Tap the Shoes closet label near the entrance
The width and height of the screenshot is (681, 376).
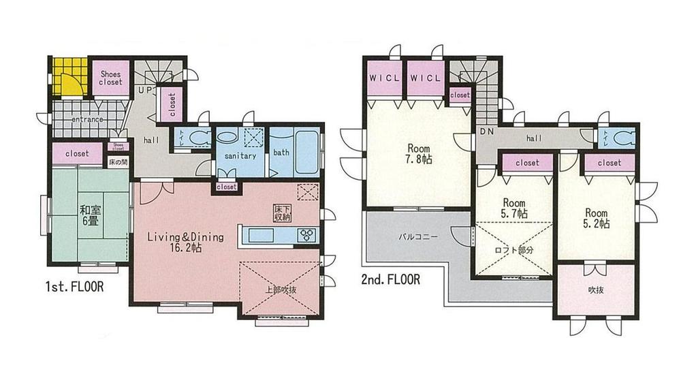click(110, 78)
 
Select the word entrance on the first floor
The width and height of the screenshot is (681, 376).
click(86, 120)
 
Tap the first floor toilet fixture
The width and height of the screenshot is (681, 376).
click(198, 137)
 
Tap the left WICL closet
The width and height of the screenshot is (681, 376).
click(385, 78)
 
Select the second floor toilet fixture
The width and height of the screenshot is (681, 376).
click(623, 138)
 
